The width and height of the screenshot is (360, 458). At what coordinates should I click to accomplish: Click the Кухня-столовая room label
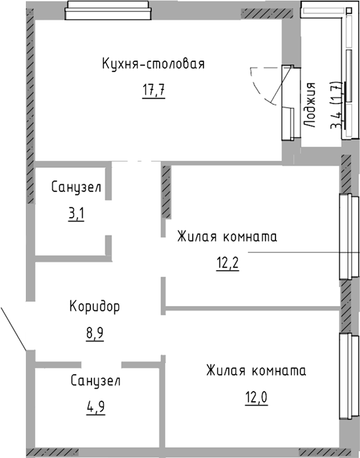coord(153,64)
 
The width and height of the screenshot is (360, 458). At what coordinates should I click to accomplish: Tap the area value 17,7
coord(154,90)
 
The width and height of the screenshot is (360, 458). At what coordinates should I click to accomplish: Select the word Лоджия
coord(310,105)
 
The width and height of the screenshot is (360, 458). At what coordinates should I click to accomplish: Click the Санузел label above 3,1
coord(76,187)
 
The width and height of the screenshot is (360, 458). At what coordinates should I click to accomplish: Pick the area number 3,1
coord(76,214)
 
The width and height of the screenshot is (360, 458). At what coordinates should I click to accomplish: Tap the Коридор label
coord(95,307)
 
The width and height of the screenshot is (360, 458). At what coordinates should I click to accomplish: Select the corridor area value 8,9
coord(95,333)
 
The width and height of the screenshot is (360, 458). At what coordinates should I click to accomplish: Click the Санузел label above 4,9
coord(95,381)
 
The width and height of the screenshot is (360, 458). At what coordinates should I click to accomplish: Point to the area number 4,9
coord(96,407)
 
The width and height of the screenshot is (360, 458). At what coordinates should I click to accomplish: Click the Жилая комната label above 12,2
coord(227,237)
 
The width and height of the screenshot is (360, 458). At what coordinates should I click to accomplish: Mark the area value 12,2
coord(228,264)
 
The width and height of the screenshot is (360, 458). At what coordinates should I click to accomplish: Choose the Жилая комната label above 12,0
coord(257,371)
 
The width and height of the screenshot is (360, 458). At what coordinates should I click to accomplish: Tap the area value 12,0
coord(257,397)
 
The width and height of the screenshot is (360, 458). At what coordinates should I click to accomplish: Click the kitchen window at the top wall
coord(108,11)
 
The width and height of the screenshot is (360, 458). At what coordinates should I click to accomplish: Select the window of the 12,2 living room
coord(349,237)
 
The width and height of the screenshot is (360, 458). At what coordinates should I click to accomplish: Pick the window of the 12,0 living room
coord(349,377)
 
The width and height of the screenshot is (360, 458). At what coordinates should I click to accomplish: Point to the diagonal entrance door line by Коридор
coord(14,328)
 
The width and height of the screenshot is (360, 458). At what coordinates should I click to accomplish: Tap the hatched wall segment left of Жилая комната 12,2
coord(166,192)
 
